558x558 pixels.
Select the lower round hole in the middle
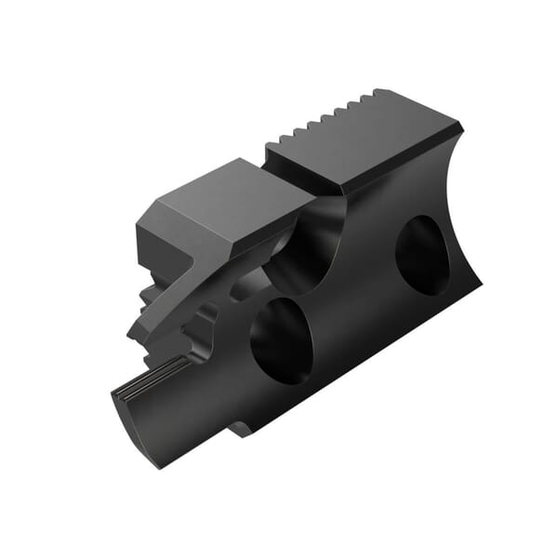click(x=281, y=340)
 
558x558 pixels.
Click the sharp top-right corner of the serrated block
click(x=459, y=126)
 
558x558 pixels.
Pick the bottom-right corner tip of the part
click(x=481, y=283)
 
